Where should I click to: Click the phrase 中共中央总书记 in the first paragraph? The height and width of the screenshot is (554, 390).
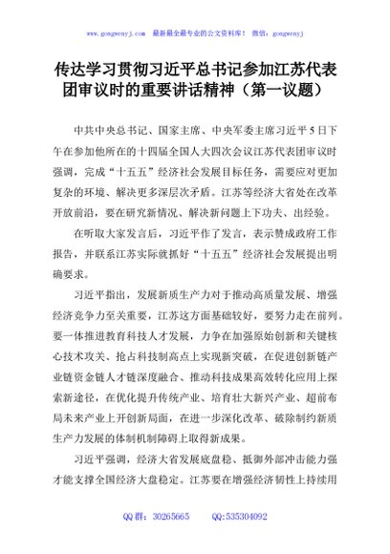102,128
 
